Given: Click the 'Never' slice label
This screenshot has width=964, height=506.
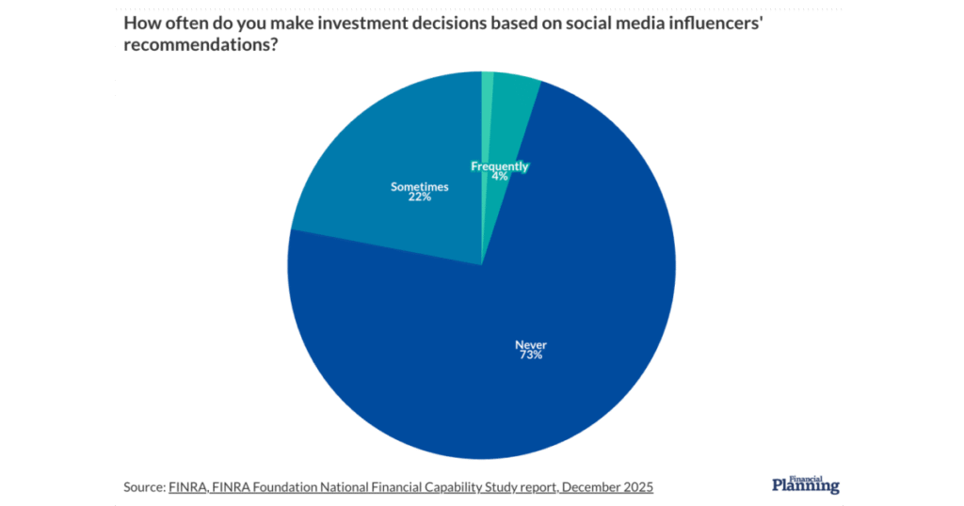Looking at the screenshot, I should [x=528, y=344].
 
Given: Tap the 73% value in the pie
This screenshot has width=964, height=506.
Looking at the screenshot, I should [x=528, y=356].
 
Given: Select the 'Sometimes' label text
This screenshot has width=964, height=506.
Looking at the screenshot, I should [x=419, y=187].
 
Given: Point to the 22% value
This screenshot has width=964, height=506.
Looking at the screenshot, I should [x=419, y=198].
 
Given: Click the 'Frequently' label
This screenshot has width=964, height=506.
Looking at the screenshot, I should [x=500, y=166].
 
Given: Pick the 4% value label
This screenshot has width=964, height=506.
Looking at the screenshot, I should [x=500, y=176].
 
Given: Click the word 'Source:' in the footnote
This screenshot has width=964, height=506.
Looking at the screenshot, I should [x=144, y=487].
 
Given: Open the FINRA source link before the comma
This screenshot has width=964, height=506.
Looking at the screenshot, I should [x=185, y=487].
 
